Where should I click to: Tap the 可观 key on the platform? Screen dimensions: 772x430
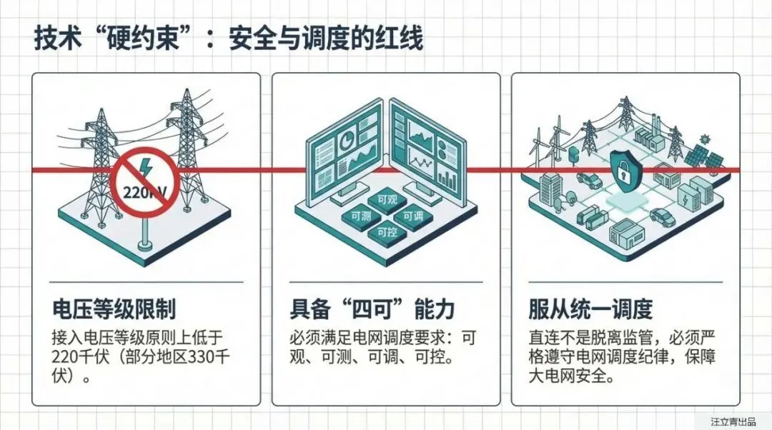coord(386,200)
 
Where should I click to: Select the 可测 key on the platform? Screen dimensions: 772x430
coord(357,215)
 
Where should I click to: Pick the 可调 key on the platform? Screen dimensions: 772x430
coord(413,216)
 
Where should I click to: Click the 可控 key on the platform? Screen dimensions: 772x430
coord(386,232)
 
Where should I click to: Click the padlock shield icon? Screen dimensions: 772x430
coord(627,171)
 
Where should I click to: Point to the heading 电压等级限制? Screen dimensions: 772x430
coord(114,310)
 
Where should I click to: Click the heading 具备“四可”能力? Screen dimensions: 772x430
coord(372,310)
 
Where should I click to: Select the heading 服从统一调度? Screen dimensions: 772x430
coord(590,310)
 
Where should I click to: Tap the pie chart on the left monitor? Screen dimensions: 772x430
coord(346,141)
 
